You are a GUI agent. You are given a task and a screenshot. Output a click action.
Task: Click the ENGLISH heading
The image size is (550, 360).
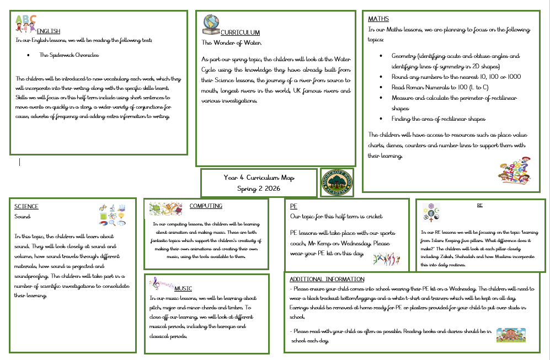click(x=49, y=31)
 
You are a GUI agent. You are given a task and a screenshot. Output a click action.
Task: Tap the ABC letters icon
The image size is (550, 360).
click(x=25, y=23)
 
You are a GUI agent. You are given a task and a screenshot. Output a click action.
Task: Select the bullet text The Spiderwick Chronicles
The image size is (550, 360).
click(x=69, y=55)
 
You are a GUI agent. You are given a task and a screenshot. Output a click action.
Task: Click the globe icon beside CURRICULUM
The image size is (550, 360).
click(x=211, y=25)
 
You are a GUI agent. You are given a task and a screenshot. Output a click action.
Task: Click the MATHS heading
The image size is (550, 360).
click(x=378, y=19)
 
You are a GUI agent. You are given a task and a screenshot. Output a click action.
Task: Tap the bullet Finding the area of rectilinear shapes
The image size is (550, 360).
click(x=439, y=119)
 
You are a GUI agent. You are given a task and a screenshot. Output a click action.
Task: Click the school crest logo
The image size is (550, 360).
click(x=337, y=182)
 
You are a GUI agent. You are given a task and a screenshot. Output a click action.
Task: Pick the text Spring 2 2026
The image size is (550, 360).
click(x=259, y=188)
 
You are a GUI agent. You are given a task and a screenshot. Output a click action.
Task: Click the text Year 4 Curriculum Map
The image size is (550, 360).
click(x=259, y=178)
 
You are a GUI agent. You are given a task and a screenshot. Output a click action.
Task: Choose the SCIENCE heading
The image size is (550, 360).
click(x=26, y=207)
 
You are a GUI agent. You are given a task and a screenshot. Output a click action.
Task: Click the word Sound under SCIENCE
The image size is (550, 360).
click(x=23, y=216)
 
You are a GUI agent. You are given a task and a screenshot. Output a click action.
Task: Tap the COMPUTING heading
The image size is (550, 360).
click(x=206, y=206)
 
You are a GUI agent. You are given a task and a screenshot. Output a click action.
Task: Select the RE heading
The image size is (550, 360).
click(x=479, y=205)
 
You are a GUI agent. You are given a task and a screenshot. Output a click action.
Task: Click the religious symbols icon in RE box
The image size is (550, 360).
click(x=431, y=211)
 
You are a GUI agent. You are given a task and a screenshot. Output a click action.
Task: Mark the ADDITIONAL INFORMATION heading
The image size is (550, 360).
click(x=327, y=279)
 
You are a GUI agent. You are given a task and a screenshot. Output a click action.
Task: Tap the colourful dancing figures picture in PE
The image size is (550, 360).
click(x=386, y=258)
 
